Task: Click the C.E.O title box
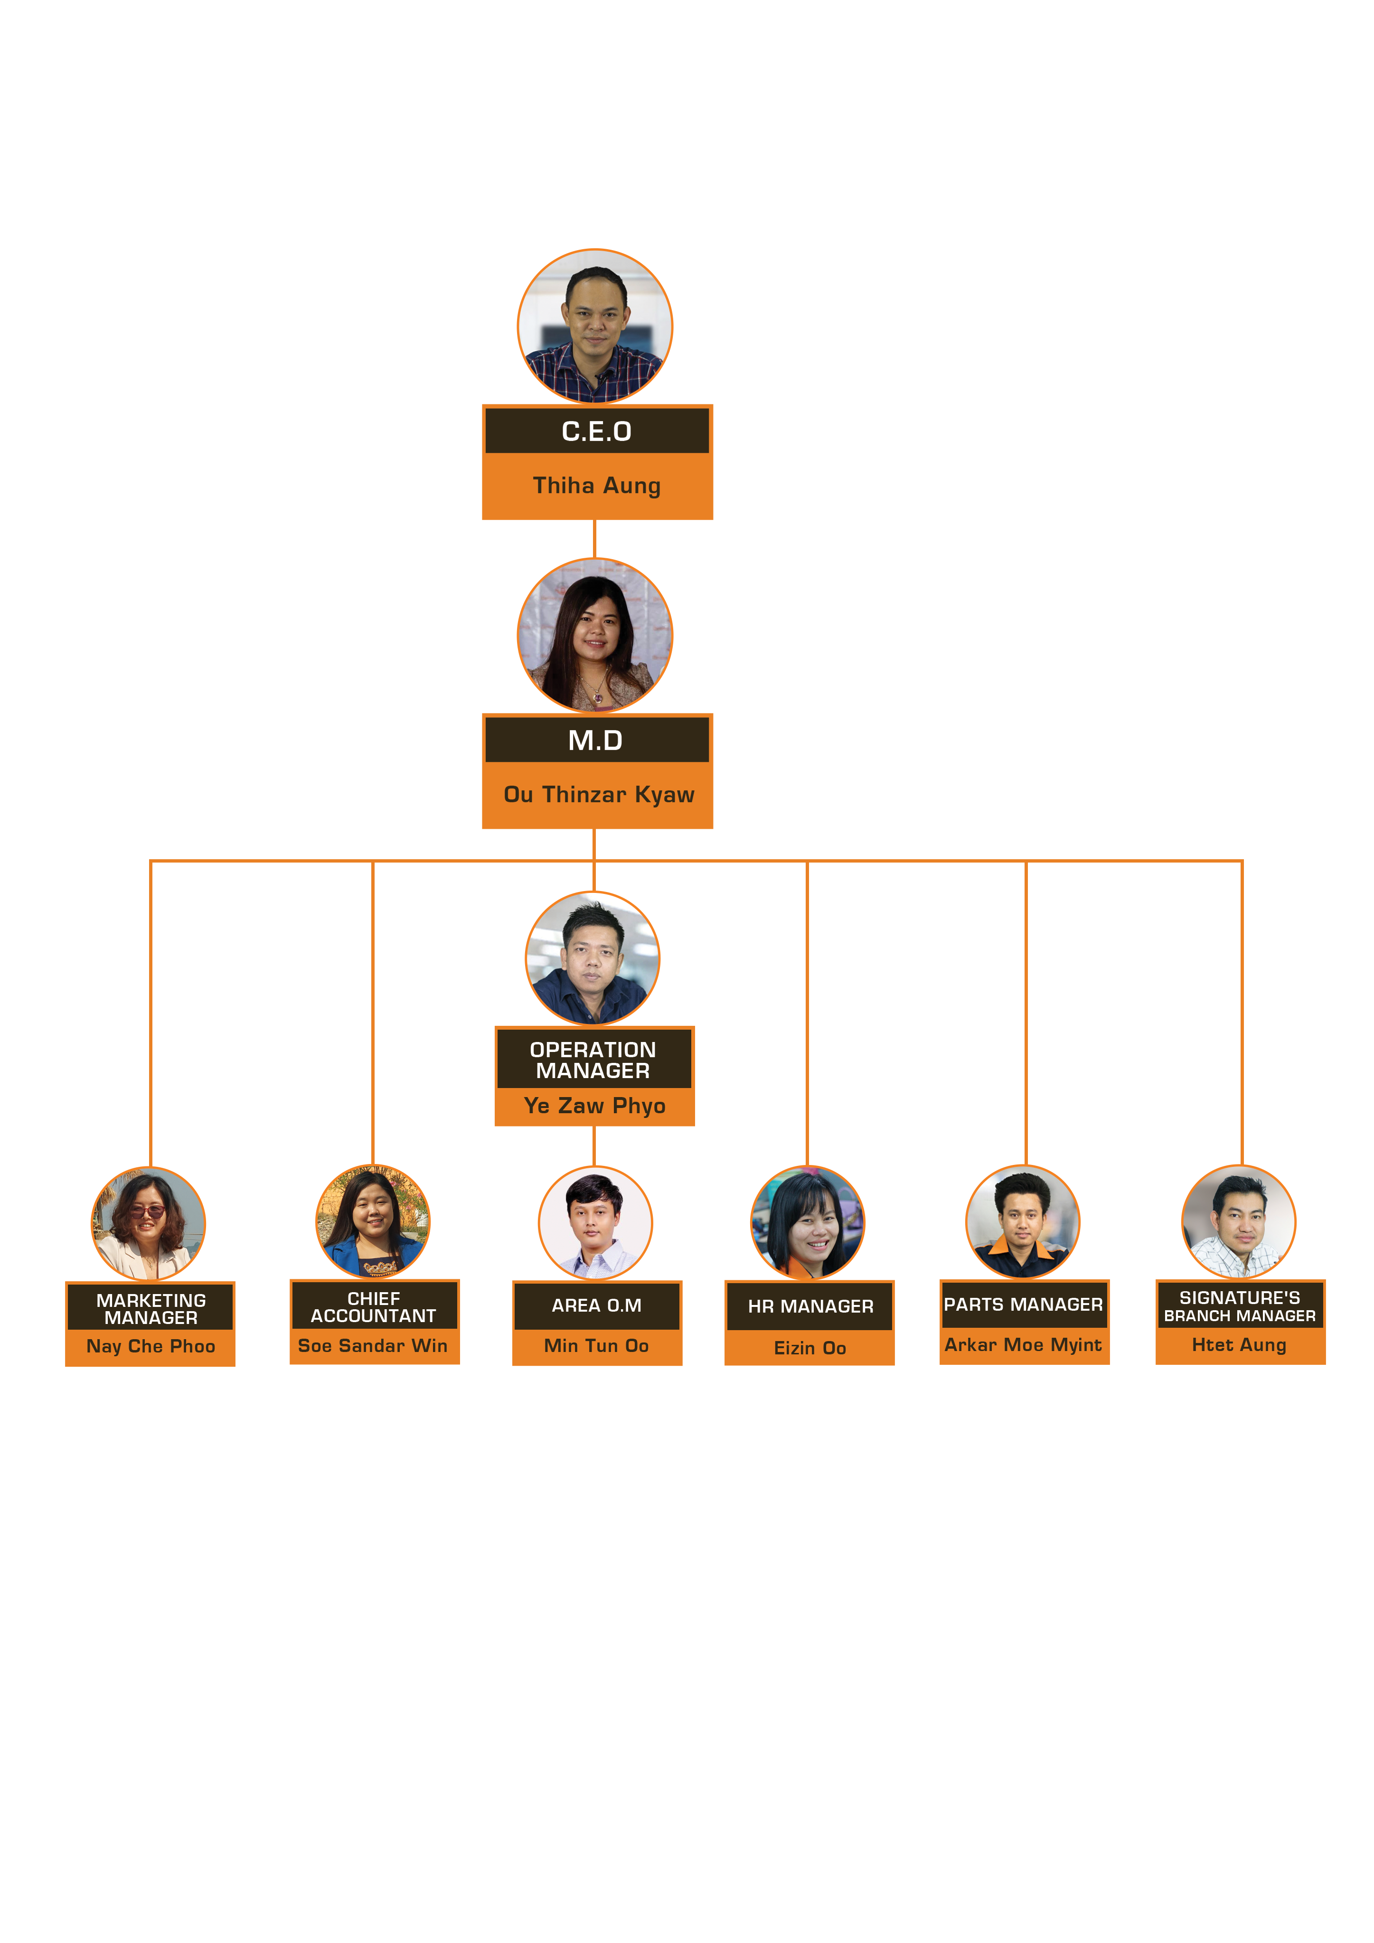tap(597, 431)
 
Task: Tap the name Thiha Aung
tap(597, 486)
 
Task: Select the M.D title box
tap(597, 740)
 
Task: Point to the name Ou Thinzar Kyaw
tap(599, 795)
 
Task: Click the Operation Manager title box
tap(593, 1059)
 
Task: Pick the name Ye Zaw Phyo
tap(594, 1106)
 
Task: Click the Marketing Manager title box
tap(150, 1307)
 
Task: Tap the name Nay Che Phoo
tap(151, 1346)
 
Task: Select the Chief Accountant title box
tap(374, 1306)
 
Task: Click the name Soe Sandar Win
tap(373, 1345)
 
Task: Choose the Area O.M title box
tap(597, 1306)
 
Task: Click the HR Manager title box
tap(809, 1306)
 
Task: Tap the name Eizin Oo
tap(809, 1348)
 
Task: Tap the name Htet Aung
tap(1239, 1345)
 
